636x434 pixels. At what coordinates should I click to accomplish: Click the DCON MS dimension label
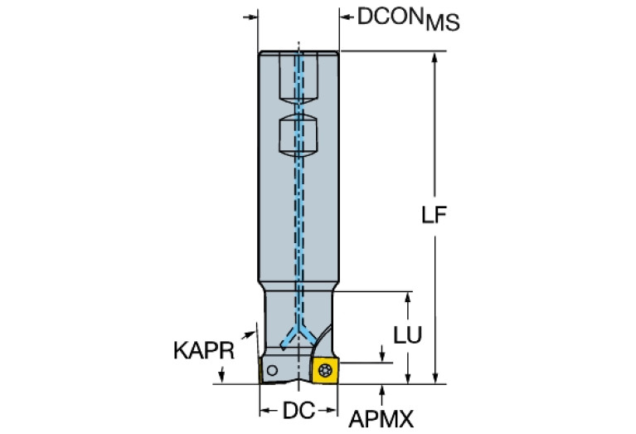(x=408, y=19)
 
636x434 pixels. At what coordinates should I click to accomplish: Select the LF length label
(x=434, y=215)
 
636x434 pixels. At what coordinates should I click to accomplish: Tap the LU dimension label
(x=408, y=335)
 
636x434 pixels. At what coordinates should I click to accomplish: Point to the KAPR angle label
(x=204, y=350)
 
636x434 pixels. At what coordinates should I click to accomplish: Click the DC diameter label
(x=299, y=411)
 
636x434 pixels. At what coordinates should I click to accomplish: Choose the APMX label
(x=381, y=418)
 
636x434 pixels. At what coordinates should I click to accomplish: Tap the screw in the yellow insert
(x=325, y=370)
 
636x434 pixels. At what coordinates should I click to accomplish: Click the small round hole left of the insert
(x=272, y=370)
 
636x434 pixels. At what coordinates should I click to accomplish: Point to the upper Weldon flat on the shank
(x=299, y=79)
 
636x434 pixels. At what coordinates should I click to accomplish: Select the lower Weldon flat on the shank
(x=299, y=134)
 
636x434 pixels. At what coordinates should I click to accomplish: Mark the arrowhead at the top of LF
(x=435, y=58)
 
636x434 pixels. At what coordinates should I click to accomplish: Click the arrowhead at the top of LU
(x=408, y=298)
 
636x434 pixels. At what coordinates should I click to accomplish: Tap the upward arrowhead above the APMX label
(x=381, y=391)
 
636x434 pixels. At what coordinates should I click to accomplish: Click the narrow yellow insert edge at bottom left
(x=260, y=370)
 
